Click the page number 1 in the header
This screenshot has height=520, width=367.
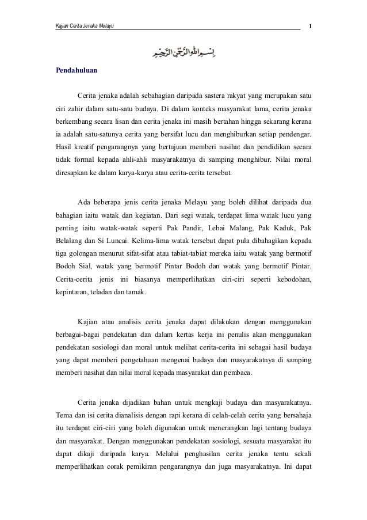click(311, 25)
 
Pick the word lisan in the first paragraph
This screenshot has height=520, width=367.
click(143, 121)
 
